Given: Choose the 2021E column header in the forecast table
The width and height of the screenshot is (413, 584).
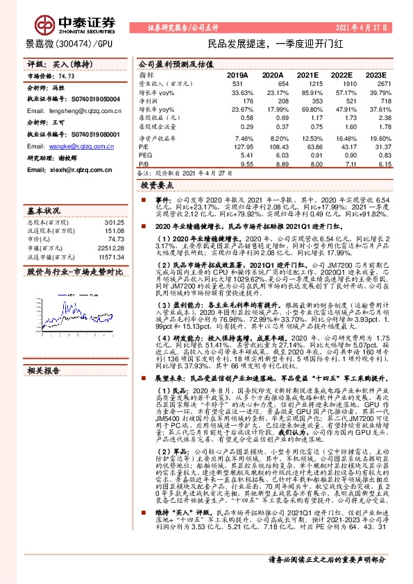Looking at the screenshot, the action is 310,75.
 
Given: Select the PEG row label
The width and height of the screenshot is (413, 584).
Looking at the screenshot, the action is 144,156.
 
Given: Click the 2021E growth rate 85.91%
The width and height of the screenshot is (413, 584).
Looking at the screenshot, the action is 310,92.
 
